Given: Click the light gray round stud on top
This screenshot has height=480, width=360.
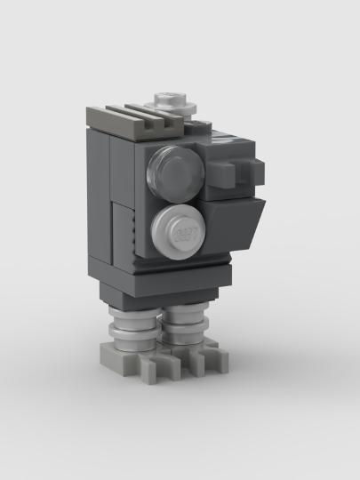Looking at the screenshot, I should (x=172, y=100).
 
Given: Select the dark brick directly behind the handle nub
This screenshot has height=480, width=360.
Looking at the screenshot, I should (x=227, y=164).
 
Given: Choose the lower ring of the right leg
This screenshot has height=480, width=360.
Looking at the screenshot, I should (x=183, y=339).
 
